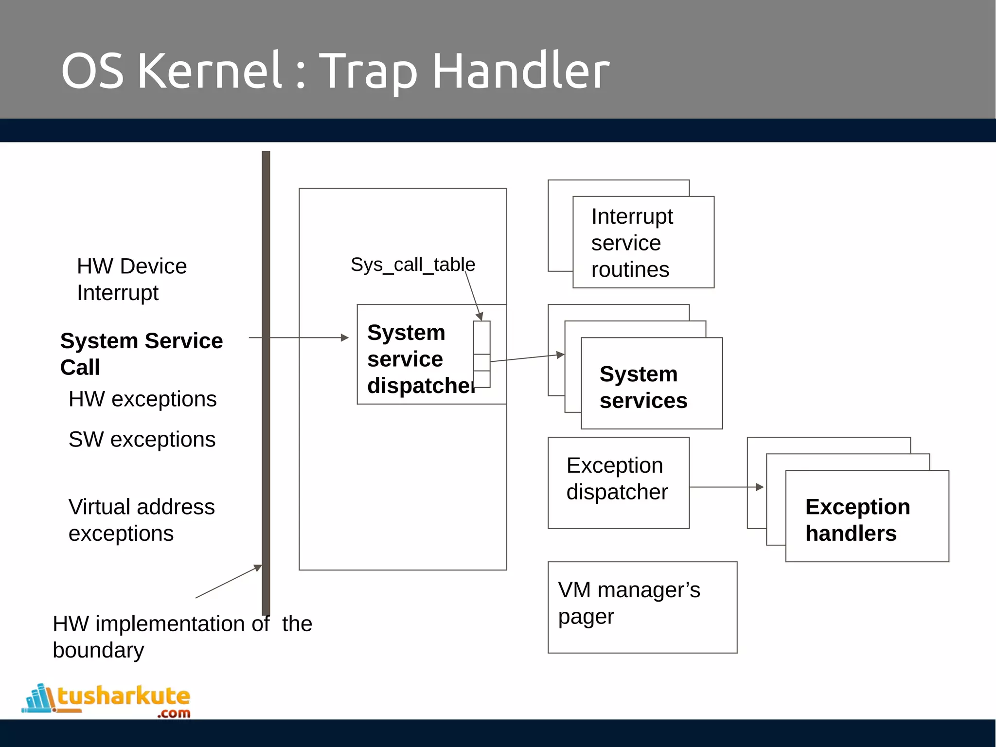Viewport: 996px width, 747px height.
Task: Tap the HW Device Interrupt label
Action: tap(131, 279)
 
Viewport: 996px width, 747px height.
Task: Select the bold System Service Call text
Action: tap(141, 354)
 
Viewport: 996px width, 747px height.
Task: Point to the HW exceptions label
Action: tap(142, 399)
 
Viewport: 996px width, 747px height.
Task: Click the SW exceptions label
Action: tap(142, 440)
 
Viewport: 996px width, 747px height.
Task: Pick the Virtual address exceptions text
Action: tap(141, 520)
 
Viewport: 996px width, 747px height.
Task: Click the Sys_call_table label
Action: tap(412, 265)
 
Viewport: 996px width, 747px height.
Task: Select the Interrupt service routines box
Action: tap(643, 242)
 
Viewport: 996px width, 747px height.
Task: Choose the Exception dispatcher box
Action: tap(618, 482)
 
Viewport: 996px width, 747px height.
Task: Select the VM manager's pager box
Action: tap(642, 607)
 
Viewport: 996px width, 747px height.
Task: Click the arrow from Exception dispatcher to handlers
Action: tap(725, 487)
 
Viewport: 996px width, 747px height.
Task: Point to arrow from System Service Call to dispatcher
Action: tap(302, 338)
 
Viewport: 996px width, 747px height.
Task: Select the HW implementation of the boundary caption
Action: tap(182, 637)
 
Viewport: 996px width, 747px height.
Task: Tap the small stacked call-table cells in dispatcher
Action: tap(481, 354)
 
